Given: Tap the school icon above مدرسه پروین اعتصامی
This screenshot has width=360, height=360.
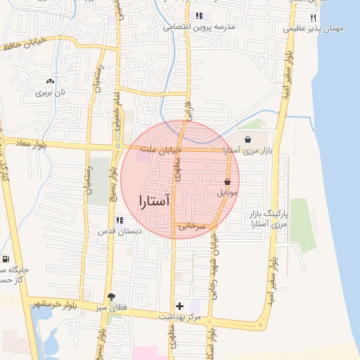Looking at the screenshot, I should coord(199,15).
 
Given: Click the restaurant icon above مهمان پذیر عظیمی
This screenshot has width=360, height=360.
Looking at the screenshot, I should coord(314,18).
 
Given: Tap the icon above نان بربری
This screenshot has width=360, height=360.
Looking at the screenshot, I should coord(49,82).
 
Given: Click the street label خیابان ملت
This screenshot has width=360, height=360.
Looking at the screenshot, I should coord(161,149).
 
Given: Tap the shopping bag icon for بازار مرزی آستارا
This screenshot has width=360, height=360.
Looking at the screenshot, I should coord(249,140).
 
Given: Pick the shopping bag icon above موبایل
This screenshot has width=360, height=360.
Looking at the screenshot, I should coord(227,181).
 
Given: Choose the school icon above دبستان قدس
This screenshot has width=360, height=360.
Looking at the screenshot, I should coord(118,220).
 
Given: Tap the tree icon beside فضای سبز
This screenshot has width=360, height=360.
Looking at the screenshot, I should coord(110,297).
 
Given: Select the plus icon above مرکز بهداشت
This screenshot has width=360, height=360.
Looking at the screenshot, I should coord(180,306).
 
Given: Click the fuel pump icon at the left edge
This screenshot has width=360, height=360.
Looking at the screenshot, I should coord(6,260).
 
